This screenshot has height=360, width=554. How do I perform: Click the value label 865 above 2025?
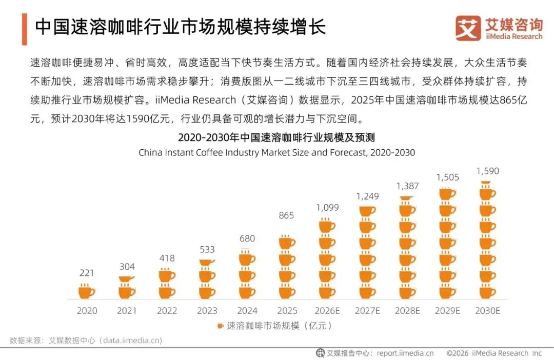coord(286,215)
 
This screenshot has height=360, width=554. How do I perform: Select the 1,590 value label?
coord(488,171)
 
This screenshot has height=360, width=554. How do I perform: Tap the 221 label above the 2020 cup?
coord(87,273)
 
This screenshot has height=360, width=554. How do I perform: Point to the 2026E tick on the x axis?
coord(327,311)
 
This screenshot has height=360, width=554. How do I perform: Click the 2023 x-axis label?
coord(207,311)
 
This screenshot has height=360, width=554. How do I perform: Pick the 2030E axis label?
coord(488,311)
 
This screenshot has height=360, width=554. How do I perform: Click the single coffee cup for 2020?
coord(87,291)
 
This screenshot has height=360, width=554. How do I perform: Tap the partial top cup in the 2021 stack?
coord(127,279)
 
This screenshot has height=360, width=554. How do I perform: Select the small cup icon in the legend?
coord(220,326)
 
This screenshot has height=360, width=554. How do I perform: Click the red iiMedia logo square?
coord(468,28)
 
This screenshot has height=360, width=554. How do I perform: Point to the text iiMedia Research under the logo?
coord(514,36)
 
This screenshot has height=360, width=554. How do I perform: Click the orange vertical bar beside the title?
coord(25,29)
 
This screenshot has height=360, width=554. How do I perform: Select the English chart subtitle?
coord(276,153)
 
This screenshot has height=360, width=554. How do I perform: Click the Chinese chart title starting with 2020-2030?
coord(276,137)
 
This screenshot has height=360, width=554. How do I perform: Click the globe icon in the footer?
coord(320,353)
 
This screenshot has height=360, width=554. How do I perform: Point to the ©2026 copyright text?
coord(457,353)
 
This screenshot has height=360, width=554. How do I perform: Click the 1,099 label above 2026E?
coord(327,207)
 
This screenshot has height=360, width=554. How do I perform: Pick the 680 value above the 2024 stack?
coord(247,238)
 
